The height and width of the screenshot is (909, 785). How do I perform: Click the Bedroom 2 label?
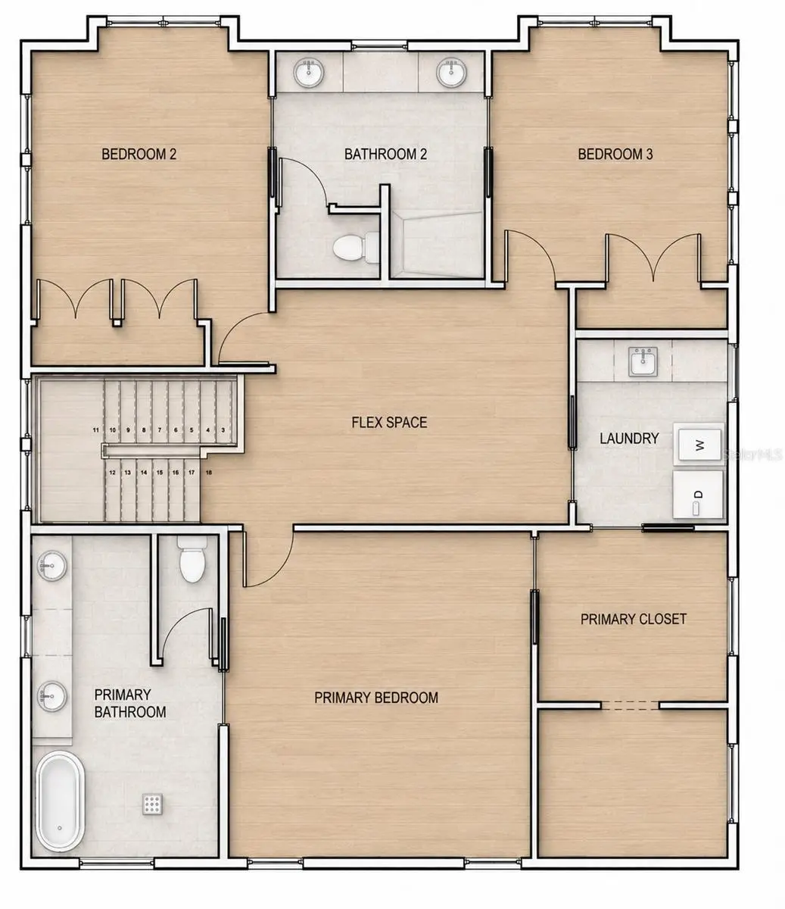[139, 154]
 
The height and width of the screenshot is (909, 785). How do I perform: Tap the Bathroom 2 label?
[385, 154]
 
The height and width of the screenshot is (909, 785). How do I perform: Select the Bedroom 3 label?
[615, 154]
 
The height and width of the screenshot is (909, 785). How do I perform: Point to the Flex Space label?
[389, 422]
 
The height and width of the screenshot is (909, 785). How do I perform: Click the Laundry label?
[629, 438]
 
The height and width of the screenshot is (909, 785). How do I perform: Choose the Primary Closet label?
[633, 619]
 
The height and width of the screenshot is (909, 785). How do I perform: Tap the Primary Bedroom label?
[375, 698]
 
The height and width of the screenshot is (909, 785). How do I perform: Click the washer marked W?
[699, 445]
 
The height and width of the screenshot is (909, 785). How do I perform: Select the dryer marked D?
[698, 495]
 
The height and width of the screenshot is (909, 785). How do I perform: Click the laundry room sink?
[643, 361]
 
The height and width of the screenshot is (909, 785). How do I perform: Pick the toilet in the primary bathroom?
[192, 559]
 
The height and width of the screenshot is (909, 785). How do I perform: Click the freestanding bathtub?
[60, 803]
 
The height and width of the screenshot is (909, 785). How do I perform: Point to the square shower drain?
[152, 804]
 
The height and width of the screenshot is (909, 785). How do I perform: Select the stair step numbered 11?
[96, 430]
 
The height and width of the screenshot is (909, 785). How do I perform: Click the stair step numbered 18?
[209, 473]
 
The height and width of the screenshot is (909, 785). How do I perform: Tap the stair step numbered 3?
[223, 430]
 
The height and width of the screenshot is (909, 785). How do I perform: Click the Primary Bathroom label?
[130, 703]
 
